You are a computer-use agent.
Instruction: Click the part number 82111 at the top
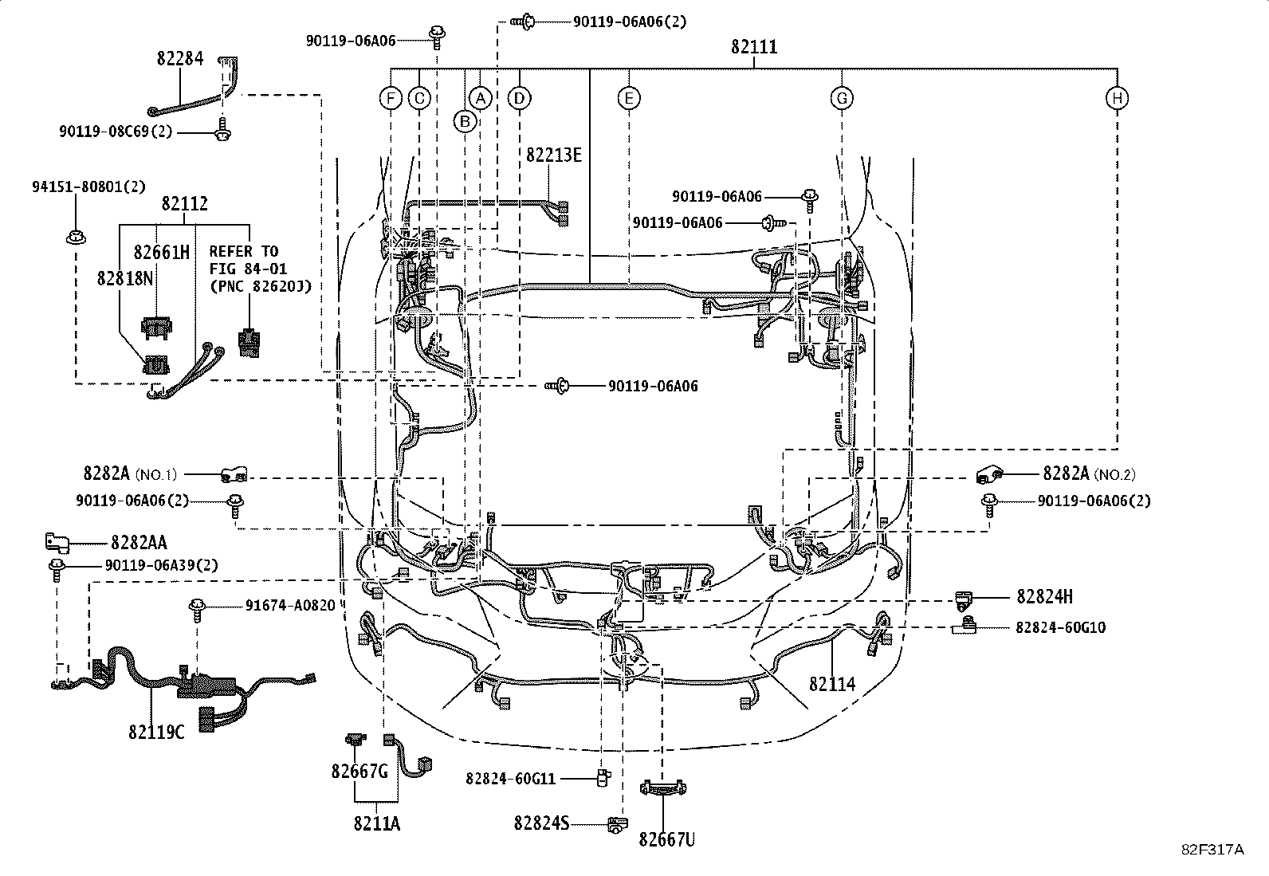pos(753,48)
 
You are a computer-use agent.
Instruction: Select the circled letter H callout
pos(1117,98)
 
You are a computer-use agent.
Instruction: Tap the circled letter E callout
pos(629,98)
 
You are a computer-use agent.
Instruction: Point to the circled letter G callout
pos(842,98)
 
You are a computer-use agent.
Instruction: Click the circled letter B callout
pos(465,121)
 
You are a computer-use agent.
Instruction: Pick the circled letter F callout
pos(391,98)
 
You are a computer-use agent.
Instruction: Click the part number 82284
pos(179,58)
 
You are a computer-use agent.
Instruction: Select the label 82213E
pos(553,155)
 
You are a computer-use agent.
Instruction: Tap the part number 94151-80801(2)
pos(88,187)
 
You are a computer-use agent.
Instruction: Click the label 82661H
pos(162,252)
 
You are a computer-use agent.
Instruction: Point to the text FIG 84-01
pos(248,269)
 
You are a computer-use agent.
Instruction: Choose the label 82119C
pos(156,731)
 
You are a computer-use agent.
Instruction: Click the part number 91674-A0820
pos(290,605)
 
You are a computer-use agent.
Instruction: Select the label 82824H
pos(1044,596)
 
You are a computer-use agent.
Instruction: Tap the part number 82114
pos(832,684)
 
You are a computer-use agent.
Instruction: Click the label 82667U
pos(666,839)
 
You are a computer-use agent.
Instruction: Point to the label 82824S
pos(541,823)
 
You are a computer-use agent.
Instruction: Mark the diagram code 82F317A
pos(1212,849)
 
